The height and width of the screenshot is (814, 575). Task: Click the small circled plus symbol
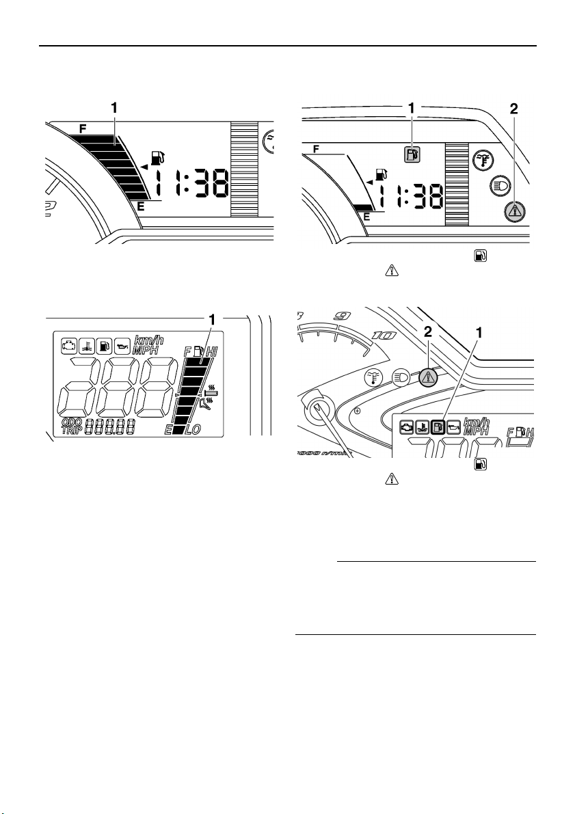point(357,412)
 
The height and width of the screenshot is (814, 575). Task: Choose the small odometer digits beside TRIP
point(109,429)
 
